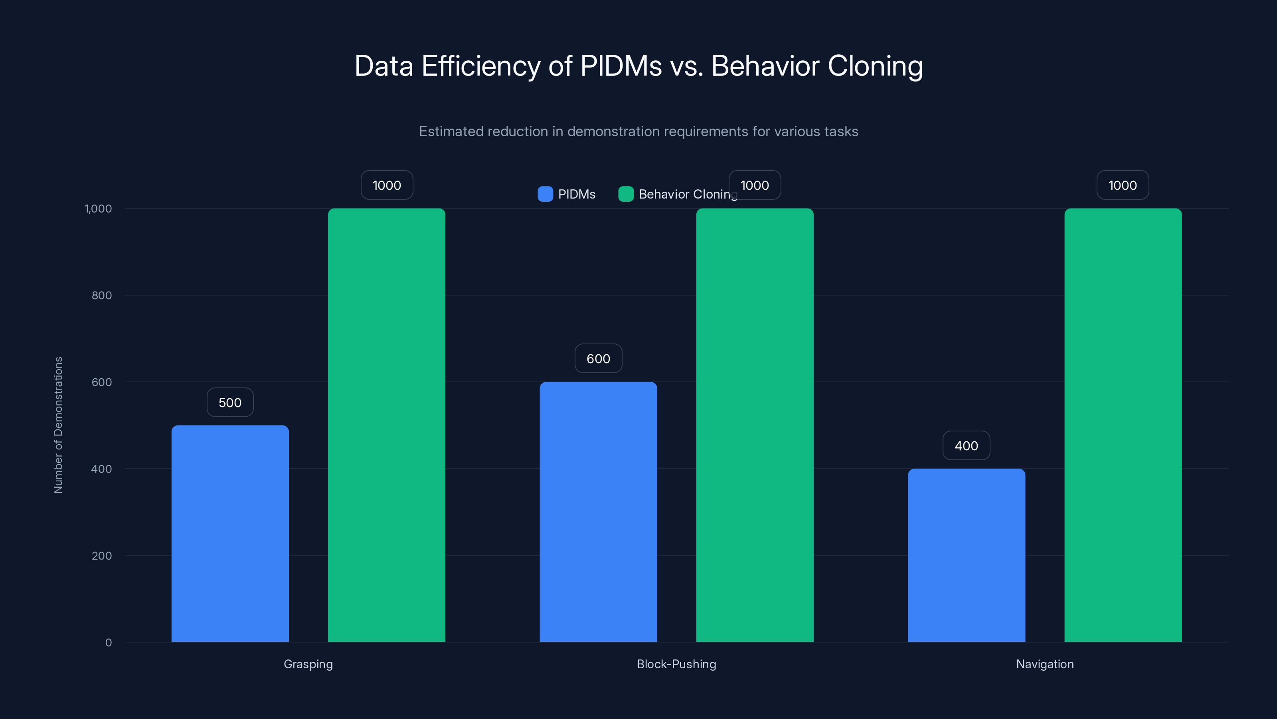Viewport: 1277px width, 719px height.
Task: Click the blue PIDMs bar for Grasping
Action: (230, 533)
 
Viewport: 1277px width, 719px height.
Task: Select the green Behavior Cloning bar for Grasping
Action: (386, 425)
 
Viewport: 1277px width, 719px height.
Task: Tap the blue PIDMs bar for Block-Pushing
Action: (598, 512)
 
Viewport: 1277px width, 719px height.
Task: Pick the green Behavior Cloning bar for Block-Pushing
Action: (755, 425)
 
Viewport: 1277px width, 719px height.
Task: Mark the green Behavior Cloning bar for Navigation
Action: (1123, 425)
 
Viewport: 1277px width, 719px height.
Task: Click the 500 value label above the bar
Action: (230, 402)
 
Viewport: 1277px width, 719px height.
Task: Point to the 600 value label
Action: (598, 359)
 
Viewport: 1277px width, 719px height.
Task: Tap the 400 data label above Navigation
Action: (966, 446)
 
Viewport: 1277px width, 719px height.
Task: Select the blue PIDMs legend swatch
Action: (545, 194)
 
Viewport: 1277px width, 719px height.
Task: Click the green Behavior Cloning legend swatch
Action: (626, 194)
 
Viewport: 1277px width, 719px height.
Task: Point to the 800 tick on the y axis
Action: (102, 295)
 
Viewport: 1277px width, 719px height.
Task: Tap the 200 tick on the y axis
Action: (102, 556)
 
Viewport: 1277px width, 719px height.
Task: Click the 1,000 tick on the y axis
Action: (98, 209)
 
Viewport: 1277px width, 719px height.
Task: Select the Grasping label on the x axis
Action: (308, 664)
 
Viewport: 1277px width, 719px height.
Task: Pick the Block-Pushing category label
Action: (676, 664)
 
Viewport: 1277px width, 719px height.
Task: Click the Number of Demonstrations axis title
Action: (58, 425)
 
